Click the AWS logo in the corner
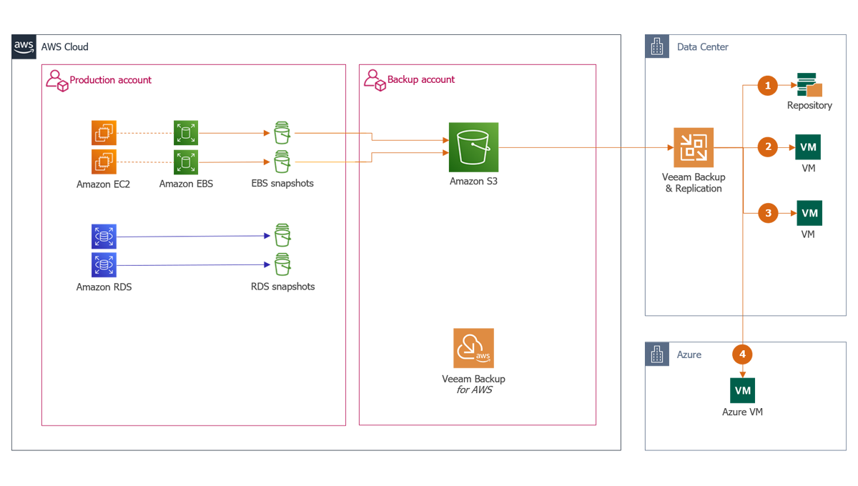tap(24, 46)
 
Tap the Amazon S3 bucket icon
tap(473, 147)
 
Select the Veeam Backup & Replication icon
tap(693, 148)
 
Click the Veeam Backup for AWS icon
tap(473, 348)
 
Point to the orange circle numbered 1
tap(768, 86)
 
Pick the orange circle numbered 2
tap(768, 148)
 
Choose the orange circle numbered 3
tap(768, 213)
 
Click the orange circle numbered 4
tap(742, 354)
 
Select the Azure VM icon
tap(742, 391)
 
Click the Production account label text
tap(111, 80)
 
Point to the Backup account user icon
tap(373, 79)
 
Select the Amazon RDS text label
tap(104, 287)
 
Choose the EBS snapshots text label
tap(282, 184)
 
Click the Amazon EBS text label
tap(186, 184)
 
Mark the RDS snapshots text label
tap(282, 287)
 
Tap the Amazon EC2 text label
tap(104, 184)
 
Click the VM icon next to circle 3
tap(809, 213)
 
